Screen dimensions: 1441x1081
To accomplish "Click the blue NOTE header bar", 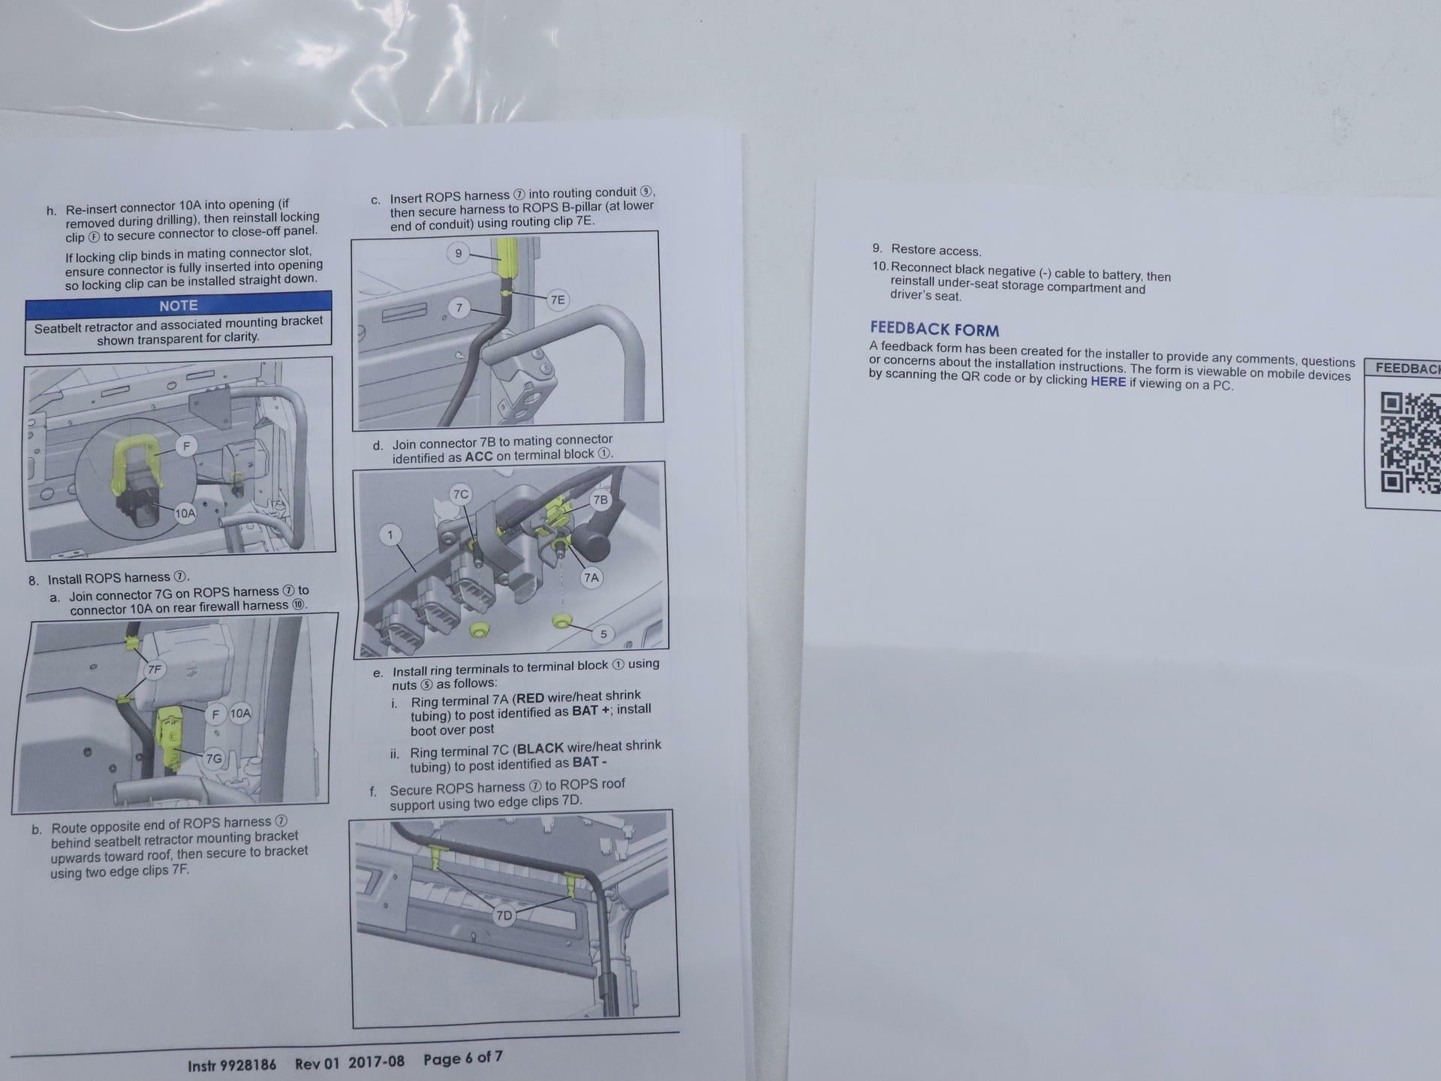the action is click(x=179, y=305).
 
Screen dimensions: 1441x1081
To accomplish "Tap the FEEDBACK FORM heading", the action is click(x=934, y=329).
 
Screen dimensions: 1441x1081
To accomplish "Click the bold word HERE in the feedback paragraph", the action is click(x=1108, y=381).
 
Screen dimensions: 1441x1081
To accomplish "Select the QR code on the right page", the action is click(x=1410, y=443).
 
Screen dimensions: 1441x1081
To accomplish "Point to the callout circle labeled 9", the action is click(x=459, y=253).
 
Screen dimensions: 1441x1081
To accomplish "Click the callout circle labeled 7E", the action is click(x=558, y=300).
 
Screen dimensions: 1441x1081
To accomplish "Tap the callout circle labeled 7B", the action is click(x=600, y=500).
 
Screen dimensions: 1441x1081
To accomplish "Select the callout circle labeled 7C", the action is click(x=460, y=494).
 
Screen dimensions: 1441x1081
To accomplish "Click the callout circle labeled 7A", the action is click(x=591, y=577).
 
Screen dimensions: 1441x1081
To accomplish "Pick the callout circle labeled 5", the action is click(x=603, y=634).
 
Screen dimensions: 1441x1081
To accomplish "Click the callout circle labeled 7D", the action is click(x=504, y=916).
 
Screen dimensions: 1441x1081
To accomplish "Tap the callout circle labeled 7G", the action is click(x=214, y=758).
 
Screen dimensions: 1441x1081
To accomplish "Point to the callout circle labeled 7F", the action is click(x=155, y=670).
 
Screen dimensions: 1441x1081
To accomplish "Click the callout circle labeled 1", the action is click(x=390, y=535).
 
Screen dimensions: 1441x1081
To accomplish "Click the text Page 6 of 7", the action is click(x=462, y=1058).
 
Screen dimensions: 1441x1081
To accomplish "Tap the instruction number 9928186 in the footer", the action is click(x=248, y=1064).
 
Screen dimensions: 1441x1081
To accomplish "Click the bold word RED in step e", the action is click(x=531, y=698).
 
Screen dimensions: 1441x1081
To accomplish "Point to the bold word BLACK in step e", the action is click(x=540, y=748).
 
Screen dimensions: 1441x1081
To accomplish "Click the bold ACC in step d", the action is click(x=479, y=456).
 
